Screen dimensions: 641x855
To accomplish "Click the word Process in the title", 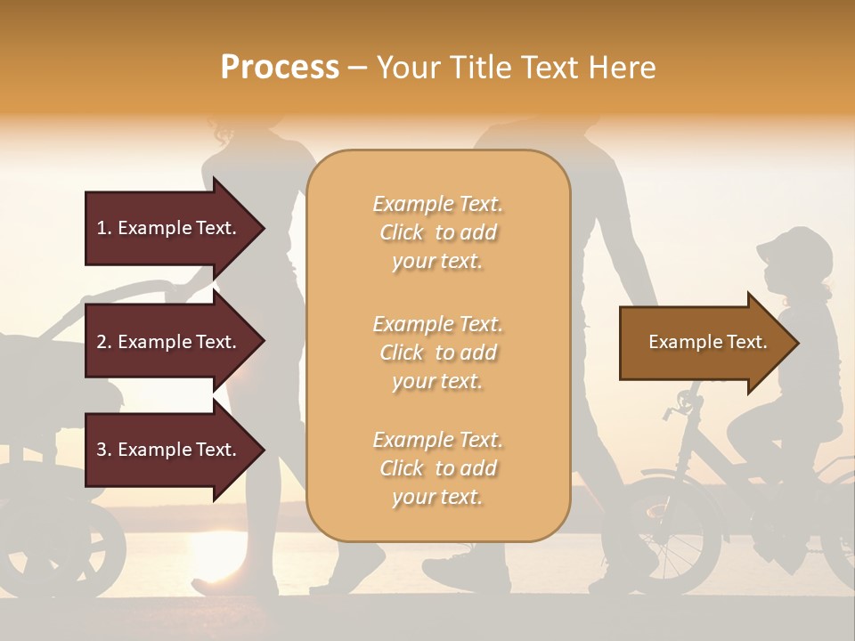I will (x=280, y=68).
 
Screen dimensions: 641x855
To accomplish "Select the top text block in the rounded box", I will (x=437, y=232).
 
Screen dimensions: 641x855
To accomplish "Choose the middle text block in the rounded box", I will (x=437, y=353).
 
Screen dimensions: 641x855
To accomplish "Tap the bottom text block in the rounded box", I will (x=437, y=468).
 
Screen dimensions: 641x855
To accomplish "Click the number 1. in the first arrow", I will (x=104, y=228).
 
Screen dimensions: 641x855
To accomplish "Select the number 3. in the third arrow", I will (x=104, y=450).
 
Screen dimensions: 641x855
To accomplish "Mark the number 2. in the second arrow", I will (x=104, y=342).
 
